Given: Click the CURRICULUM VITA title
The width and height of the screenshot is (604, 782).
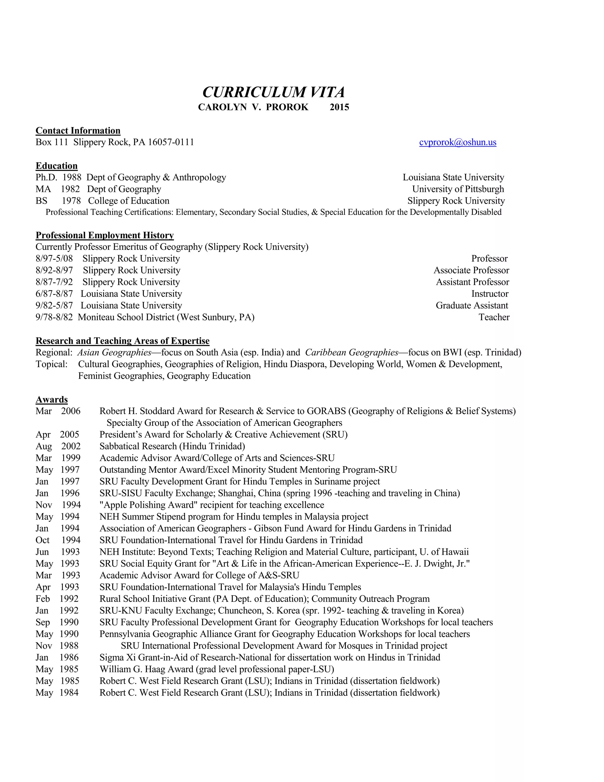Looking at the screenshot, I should tap(273, 92).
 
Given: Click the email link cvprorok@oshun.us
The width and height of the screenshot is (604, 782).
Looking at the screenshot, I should tap(457, 142).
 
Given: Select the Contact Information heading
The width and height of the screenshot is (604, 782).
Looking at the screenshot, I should tap(78, 131).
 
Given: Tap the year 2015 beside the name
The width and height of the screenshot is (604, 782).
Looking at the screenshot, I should tap(339, 107).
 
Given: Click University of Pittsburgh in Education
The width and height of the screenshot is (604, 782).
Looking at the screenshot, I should tap(458, 189).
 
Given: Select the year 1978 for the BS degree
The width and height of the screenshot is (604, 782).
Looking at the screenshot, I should tap(71, 201).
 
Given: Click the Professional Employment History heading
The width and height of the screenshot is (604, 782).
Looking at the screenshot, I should tap(104, 235).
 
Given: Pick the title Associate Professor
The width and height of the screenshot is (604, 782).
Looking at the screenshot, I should tap(471, 270).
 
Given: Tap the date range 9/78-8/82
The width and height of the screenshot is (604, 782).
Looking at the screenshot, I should tap(54, 317).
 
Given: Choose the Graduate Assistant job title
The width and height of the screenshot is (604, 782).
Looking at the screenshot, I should tap(472, 305).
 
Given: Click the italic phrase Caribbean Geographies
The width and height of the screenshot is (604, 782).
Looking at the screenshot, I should tap(351, 352).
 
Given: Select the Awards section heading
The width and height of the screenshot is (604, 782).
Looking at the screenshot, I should tap(52, 400).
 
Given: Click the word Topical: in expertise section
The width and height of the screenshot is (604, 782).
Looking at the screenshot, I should tap(52, 364).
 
